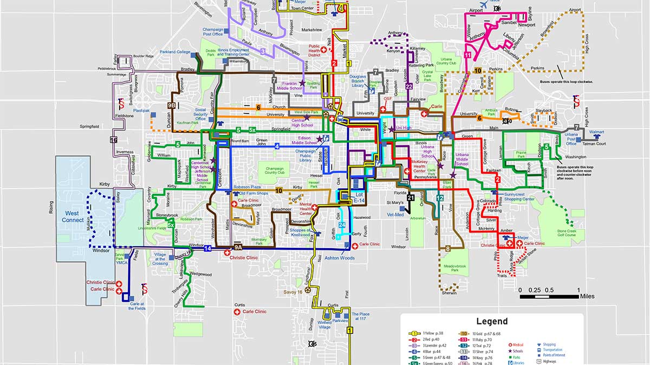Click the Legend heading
point(492,321)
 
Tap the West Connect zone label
point(73,216)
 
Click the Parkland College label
point(175,52)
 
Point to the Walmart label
point(596,132)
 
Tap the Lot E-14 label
point(359,197)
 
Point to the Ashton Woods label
point(339,258)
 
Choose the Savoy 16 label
point(293,293)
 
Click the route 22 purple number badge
point(409,86)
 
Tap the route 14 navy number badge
point(207,249)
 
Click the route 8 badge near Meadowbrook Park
point(448,249)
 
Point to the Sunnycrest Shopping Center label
point(519,196)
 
